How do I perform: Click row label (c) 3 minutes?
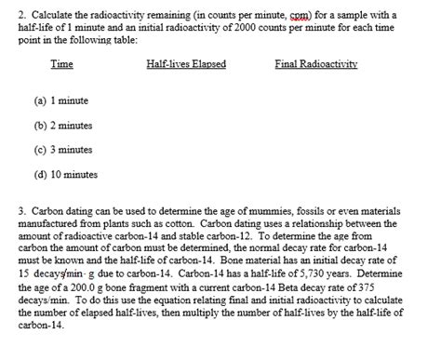tap(64, 149)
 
